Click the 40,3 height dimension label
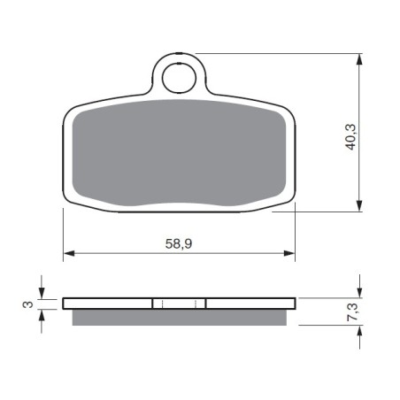click(350, 137)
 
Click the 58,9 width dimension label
click(179, 243)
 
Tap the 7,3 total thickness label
click(353, 312)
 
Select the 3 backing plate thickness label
click(28, 304)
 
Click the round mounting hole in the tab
click(179, 78)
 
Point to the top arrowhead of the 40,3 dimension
click(359, 59)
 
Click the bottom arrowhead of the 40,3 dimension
click(359, 205)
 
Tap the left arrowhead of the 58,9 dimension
click(69, 253)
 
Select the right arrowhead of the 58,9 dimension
click(289, 253)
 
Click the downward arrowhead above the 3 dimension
click(42, 293)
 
